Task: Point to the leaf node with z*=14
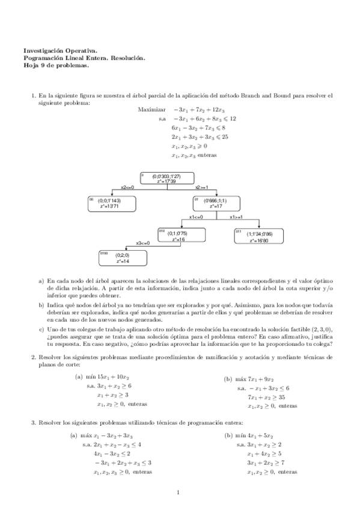point(122,258)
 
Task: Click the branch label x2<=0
point(127,188)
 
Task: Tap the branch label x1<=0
point(196,217)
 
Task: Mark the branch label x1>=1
point(236,217)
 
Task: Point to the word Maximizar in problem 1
point(151,110)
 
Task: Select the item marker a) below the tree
point(41,281)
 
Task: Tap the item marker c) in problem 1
point(41,329)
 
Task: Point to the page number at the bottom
point(179,493)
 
